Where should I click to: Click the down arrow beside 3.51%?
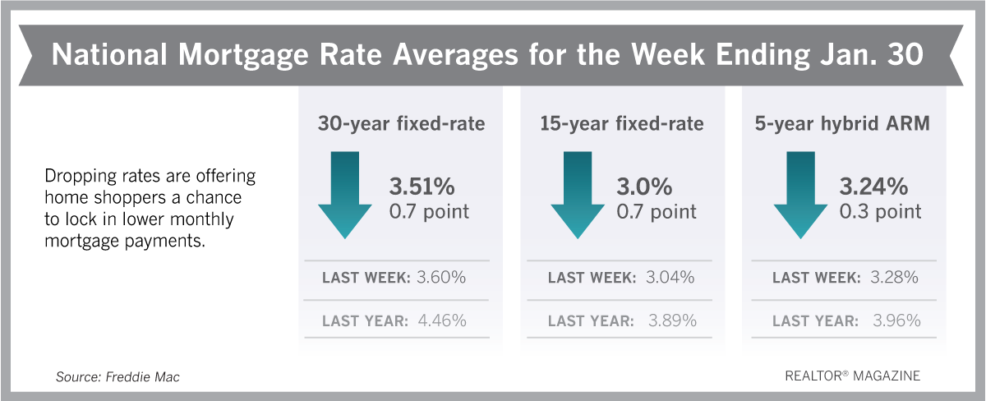coord(344,195)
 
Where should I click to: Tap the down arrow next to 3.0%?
coord(578,195)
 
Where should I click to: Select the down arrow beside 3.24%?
coord(800,195)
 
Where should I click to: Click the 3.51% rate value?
coord(422,187)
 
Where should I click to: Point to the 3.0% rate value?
coord(644,187)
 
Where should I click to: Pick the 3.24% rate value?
coord(873,187)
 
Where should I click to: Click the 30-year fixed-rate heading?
coord(402,124)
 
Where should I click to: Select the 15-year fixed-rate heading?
coord(621,124)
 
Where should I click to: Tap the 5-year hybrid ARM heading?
coord(842,124)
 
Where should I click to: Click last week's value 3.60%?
coord(441,277)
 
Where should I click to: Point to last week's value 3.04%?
coord(670,277)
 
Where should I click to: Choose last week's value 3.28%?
coord(895,277)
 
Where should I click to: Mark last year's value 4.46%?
coord(442,320)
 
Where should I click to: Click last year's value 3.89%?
coord(672,320)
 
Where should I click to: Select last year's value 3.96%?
coord(896,320)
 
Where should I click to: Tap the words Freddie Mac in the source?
coord(143,377)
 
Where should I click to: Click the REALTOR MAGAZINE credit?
coord(853,376)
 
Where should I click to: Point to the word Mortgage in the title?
coord(243,55)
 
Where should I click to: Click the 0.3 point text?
coord(880,212)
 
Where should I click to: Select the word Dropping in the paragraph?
coord(81,177)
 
